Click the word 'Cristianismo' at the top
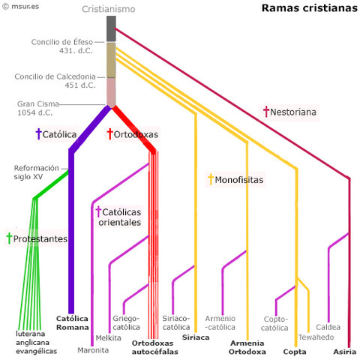coord(110,9)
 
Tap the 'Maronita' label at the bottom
coord(93,349)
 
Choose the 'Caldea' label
coord(328,327)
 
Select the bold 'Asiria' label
coord(345,351)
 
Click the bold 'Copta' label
coord(295,351)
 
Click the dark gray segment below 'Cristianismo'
coord(111,28)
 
